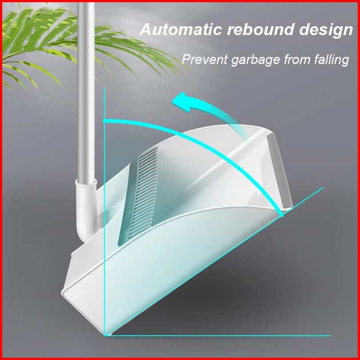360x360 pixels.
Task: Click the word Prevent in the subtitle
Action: (x=204, y=59)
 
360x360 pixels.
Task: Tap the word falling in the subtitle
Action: (x=332, y=60)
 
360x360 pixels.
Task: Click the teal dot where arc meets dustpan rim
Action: (x=281, y=215)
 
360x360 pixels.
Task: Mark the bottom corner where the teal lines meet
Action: (x=107, y=335)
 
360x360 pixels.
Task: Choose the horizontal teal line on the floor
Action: (x=222, y=335)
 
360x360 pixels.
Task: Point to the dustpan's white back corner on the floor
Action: (x=66, y=293)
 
